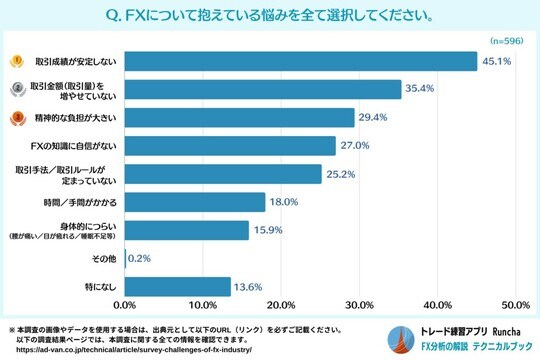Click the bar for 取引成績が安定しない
pyautogui.click(x=300, y=61)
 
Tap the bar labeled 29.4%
pyautogui.click(x=239, y=118)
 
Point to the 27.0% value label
pyautogui.click(x=355, y=146)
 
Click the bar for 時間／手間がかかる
pyautogui.click(x=195, y=202)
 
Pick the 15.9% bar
pyautogui.click(x=186, y=230)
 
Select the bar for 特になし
pyautogui.click(x=177, y=286)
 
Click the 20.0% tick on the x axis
pyautogui.click(x=281, y=305)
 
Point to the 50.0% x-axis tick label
pyautogui.click(x=514, y=305)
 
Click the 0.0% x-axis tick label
pyautogui.click(x=125, y=305)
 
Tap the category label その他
pyautogui.click(x=104, y=258)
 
